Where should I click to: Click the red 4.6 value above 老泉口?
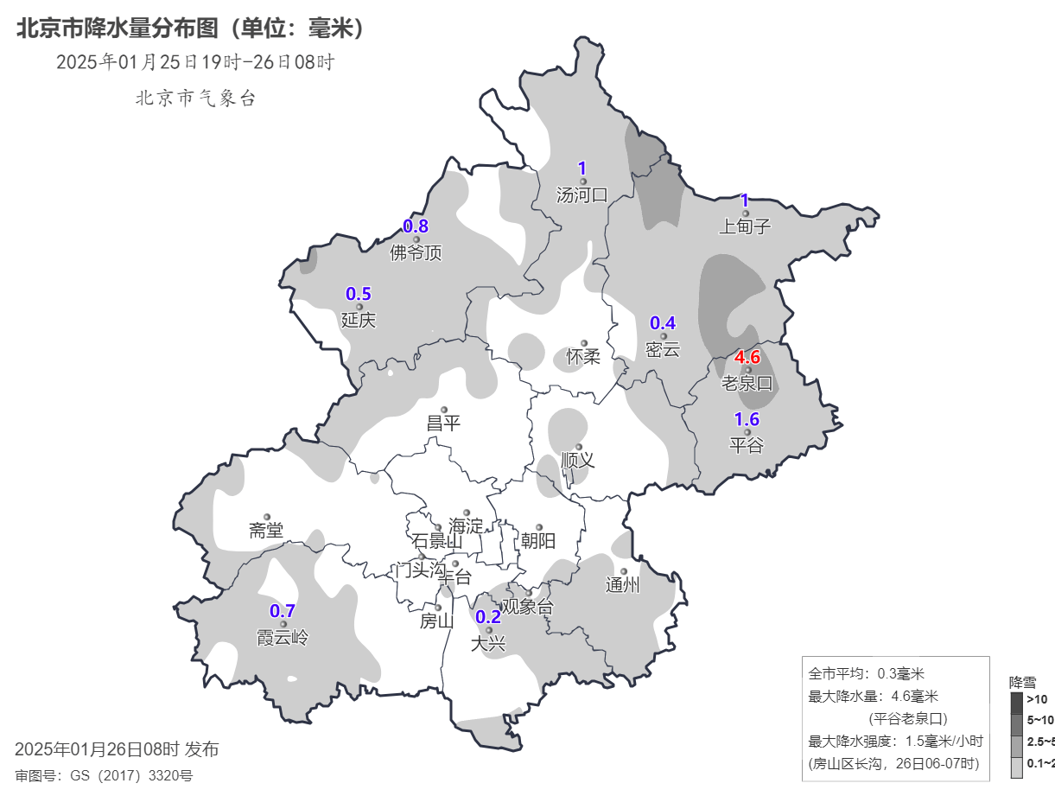click(747, 357)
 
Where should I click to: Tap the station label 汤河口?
click(582, 195)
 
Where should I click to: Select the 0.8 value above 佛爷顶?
click(416, 226)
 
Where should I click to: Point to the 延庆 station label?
click(359, 320)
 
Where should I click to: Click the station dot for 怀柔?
click(583, 343)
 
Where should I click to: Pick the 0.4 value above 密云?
click(663, 323)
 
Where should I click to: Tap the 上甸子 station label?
click(744, 226)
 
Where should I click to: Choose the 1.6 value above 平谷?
click(747, 420)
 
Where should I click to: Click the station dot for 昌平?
click(444, 410)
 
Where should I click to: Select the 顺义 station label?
click(578, 460)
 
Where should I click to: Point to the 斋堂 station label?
click(266, 531)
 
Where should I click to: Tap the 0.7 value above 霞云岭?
click(283, 611)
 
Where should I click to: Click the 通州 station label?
click(623, 585)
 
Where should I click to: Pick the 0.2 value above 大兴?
click(488, 616)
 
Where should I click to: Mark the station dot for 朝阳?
click(538, 527)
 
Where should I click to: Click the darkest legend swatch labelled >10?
click(1016, 701)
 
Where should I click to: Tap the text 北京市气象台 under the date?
click(195, 99)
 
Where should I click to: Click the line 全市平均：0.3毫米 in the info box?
click(866, 673)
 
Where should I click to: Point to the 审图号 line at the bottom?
click(104, 775)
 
